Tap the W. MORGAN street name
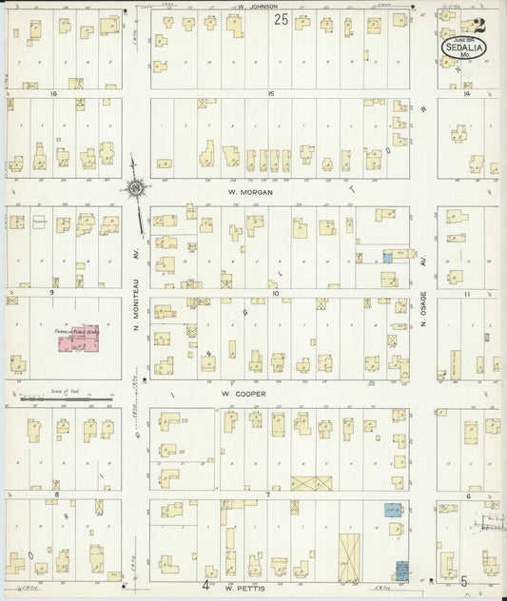click(251, 191)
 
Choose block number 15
click(271, 93)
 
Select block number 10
click(275, 293)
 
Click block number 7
click(269, 494)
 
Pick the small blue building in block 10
click(387, 256)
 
